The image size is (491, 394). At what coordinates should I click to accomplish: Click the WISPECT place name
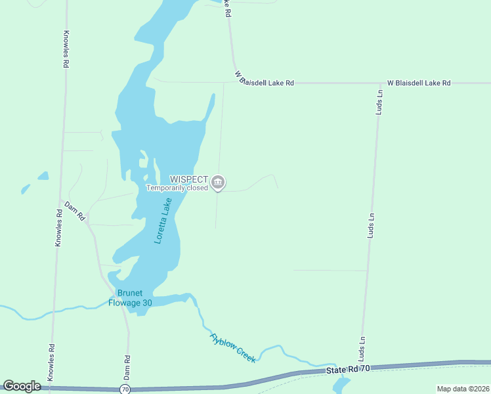(189, 179)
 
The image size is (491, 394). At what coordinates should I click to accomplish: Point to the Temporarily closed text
(177, 188)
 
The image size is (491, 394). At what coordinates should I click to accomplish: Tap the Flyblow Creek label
(232, 348)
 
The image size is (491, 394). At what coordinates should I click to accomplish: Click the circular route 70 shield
(125, 389)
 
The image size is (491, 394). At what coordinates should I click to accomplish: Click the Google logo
(22, 386)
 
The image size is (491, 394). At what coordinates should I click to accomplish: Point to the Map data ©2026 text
(462, 389)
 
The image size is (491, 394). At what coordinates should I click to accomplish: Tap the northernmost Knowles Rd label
(66, 50)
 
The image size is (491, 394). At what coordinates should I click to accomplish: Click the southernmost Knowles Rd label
(51, 362)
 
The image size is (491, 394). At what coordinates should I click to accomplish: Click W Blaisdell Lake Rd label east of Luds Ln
(419, 83)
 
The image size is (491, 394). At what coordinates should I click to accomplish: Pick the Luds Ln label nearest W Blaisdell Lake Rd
(379, 102)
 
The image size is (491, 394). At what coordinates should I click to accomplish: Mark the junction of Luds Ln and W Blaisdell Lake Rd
(381, 83)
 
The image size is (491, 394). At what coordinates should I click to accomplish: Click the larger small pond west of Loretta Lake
(43, 176)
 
